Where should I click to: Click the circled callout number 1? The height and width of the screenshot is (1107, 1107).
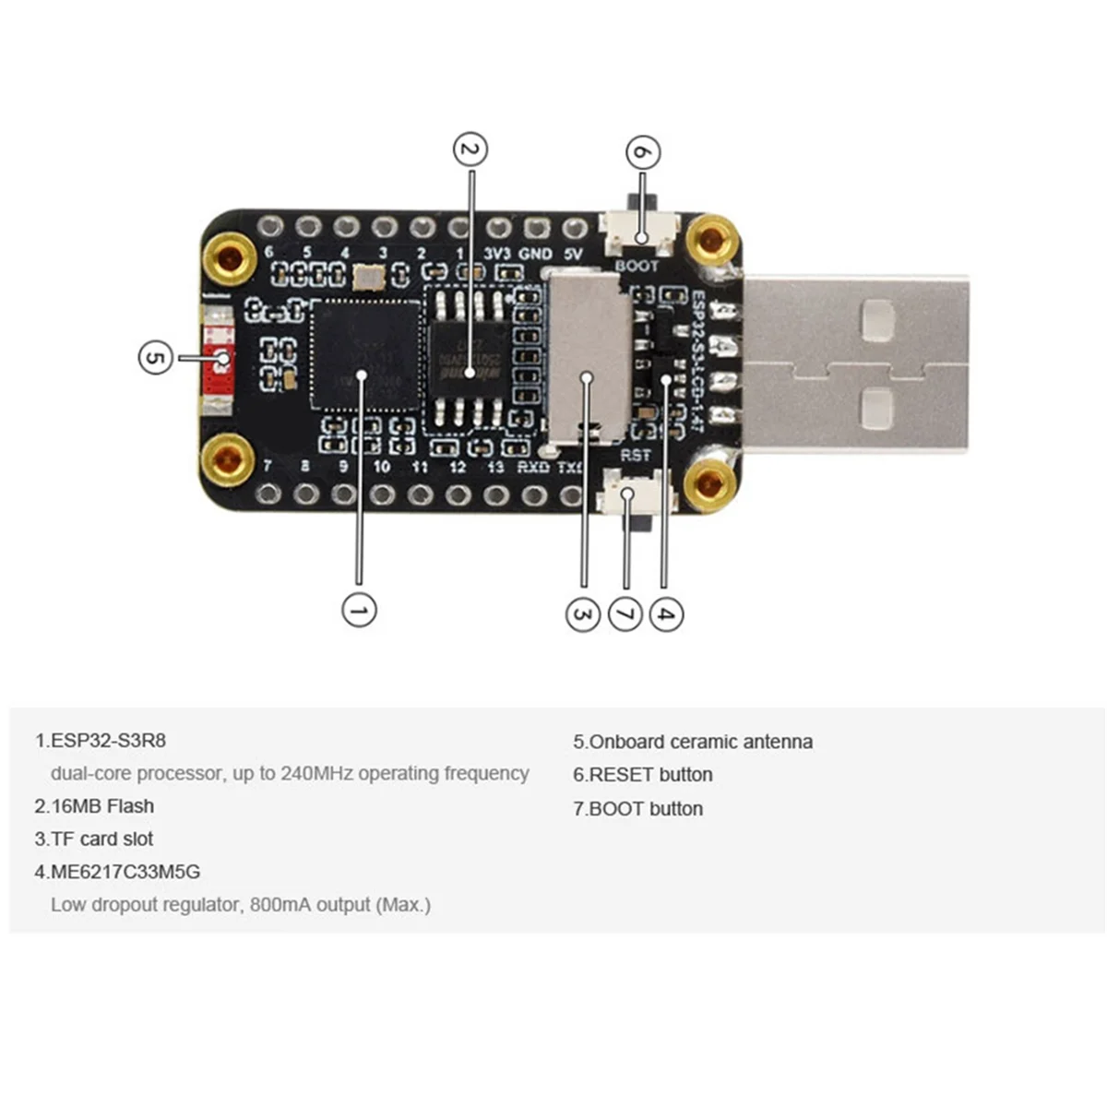click(x=359, y=610)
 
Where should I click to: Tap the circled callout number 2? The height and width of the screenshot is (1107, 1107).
click(x=470, y=149)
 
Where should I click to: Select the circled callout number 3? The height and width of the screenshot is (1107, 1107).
click(x=582, y=614)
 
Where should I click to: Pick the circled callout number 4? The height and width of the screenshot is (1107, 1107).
click(x=667, y=614)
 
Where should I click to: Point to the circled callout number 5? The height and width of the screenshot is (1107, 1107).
click(x=155, y=357)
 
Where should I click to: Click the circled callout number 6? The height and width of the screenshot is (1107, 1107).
click(x=643, y=153)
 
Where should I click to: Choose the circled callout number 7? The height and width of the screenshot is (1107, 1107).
click(x=625, y=614)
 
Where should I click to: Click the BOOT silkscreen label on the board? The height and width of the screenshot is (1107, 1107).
click(x=637, y=266)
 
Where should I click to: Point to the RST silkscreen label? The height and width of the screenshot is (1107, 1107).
click(x=635, y=456)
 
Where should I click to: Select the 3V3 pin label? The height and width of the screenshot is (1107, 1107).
click(x=497, y=253)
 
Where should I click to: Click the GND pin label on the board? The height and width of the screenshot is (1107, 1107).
click(x=536, y=253)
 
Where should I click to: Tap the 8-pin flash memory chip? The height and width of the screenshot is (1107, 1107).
click(x=470, y=359)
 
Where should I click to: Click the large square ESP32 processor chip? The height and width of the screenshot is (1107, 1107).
click(x=365, y=354)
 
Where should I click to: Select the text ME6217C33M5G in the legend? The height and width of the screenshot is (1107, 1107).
click(x=125, y=872)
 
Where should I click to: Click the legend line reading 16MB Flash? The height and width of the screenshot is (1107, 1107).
click(x=94, y=806)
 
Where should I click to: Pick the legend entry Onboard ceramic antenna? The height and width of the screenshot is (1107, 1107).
click(x=693, y=742)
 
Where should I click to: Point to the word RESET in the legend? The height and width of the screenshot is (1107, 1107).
click(x=621, y=775)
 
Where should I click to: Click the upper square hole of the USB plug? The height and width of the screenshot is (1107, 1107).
click(x=877, y=318)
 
